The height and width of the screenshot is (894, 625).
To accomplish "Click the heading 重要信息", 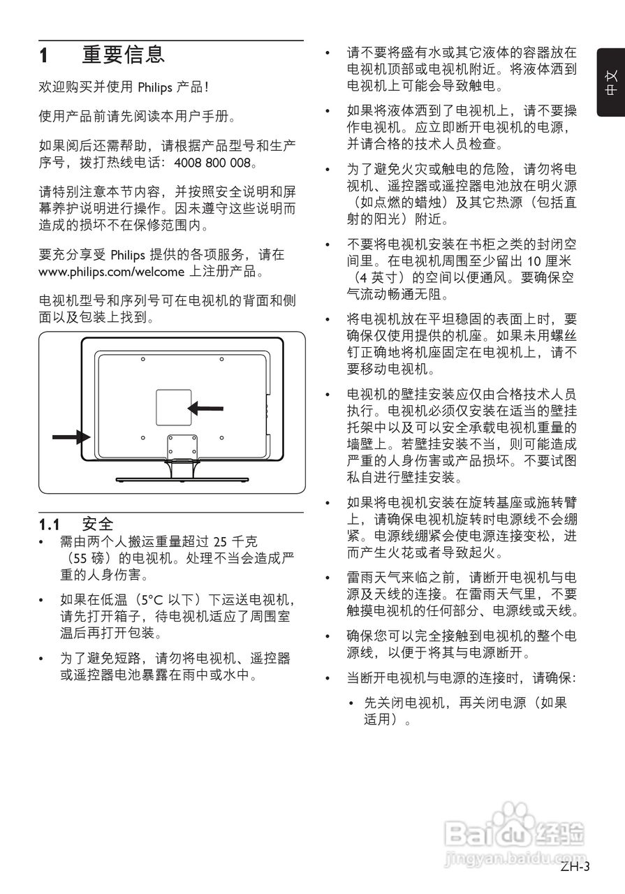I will [x=124, y=54].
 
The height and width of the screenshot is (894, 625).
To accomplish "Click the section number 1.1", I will [x=49, y=523].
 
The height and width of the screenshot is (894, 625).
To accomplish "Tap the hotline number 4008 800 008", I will [x=210, y=163].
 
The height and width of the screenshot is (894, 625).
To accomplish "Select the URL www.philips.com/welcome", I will [x=111, y=271].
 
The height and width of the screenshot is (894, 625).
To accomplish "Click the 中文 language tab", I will [x=611, y=84].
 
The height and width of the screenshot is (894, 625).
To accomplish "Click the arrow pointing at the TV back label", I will [x=206, y=407].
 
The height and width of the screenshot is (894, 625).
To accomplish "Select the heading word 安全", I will [x=97, y=523].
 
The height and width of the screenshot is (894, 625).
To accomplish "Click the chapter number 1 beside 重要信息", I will [x=43, y=55].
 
